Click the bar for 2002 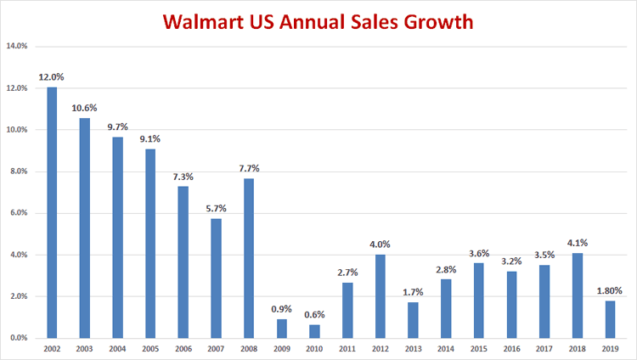pos(52,212)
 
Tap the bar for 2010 pos(315,331)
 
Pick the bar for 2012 pos(381,296)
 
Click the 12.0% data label pos(52,77)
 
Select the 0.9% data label pos(282,309)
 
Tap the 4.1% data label pos(578,243)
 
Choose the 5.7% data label pos(217,209)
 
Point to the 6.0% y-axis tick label pos(18,213)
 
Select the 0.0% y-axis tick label pos(18,338)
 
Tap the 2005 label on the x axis pos(150,348)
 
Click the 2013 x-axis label pos(414,348)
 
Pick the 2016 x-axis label pos(512,348)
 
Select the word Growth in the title pos(437,21)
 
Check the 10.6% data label pos(85,108)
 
